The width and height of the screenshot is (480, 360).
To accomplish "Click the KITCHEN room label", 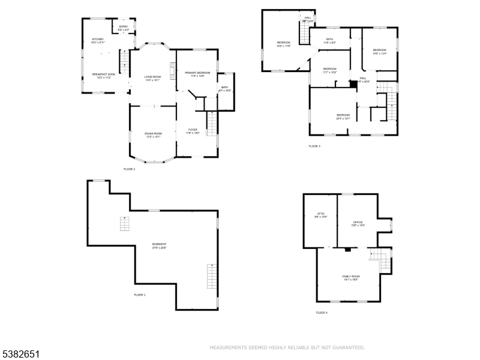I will (x=98, y=40).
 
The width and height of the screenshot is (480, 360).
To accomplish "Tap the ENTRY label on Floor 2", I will (x=124, y=27).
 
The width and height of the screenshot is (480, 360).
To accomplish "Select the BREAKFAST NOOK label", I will (x=103, y=74).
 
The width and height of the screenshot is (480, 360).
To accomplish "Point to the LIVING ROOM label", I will (x=152, y=77).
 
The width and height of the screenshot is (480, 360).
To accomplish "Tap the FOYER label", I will (x=193, y=130).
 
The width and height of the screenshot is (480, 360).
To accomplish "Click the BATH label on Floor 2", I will (x=224, y=87).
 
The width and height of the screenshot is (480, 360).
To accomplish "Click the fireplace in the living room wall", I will (x=172, y=71).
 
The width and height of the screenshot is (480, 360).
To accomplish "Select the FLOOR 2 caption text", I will (x=130, y=169).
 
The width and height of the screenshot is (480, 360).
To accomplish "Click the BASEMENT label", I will (x=159, y=244).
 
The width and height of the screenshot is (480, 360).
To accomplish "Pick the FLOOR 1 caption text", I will (x=140, y=295).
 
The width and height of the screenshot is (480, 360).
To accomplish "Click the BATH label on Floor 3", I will (x=329, y=39).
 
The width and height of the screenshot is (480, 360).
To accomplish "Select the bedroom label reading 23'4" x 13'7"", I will (x=343, y=115).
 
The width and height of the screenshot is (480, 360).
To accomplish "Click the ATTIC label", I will (x=320, y=214).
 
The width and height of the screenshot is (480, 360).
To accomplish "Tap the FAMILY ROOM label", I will (x=351, y=277).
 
